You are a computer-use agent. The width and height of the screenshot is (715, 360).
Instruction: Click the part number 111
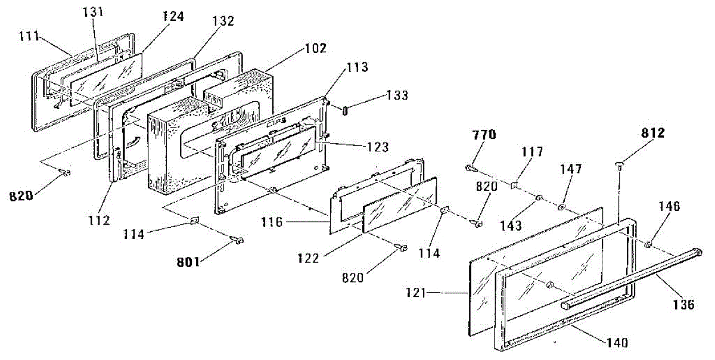click(x=29, y=36)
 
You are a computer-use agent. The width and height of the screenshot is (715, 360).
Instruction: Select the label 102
click(x=316, y=48)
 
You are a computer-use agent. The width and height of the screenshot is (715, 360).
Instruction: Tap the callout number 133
click(x=397, y=95)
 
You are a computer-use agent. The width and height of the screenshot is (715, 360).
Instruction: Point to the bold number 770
click(x=484, y=135)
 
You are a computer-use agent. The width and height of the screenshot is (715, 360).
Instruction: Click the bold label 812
click(x=653, y=133)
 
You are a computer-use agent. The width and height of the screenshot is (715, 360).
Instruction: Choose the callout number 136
click(x=684, y=305)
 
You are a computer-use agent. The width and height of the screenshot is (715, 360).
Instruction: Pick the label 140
click(x=617, y=343)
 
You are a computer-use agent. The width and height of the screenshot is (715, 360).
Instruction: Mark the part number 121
click(x=416, y=292)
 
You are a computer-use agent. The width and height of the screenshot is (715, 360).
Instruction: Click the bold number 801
click(x=188, y=262)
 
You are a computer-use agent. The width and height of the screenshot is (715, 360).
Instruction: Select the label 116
click(x=272, y=222)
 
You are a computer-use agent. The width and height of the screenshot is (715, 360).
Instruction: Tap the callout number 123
click(x=378, y=147)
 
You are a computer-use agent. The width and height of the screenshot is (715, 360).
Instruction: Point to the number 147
click(x=571, y=169)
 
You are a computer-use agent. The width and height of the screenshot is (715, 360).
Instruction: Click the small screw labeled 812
click(x=619, y=166)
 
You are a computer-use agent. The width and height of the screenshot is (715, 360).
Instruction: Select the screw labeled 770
click(x=471, y=167)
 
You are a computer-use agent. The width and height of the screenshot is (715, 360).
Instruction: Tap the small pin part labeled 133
click(x=345, y=111)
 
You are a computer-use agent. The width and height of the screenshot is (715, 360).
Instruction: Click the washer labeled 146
click(x=648, y=245)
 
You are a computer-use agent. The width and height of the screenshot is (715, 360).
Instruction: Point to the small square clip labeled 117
click(x=514, y=185)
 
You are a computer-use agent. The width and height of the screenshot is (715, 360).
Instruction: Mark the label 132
click(x=223, y=21)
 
